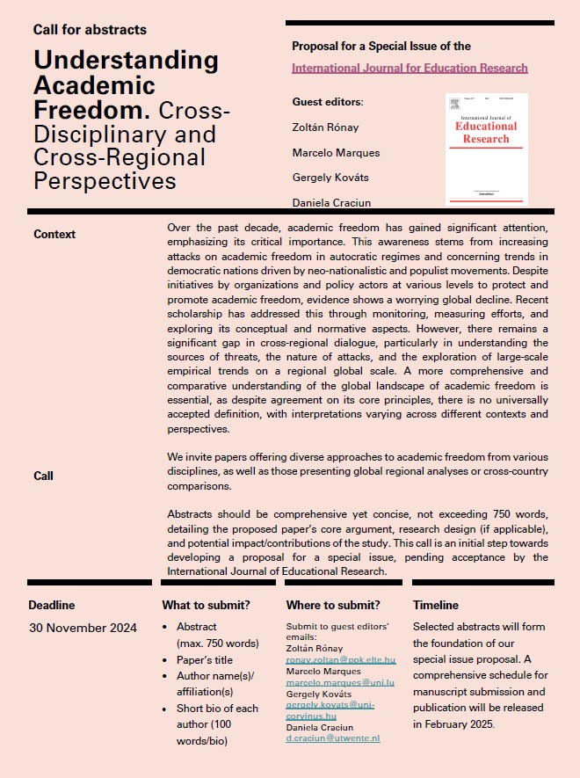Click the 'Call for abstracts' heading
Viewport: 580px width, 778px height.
pyautogui.click(x=90, y=30)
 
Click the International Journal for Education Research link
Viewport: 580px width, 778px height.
pyautogui.click(x=410, y=68)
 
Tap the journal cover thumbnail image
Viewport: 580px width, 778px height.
pyautogui.click(x=486, y=149)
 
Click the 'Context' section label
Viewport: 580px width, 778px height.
pyautogui.click(x=54, y=234)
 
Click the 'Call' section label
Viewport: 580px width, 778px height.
pyautogui.click(x=44, y=476)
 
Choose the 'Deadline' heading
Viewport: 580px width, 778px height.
pyautogui.click(x=52, y=605)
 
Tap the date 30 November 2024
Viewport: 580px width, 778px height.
pyautogui.click(x=83, y=628)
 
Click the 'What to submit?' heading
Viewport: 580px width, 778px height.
pyautogui.click(x=206, y=605)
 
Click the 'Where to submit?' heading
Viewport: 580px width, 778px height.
pyautogui.click(x=333, y=605)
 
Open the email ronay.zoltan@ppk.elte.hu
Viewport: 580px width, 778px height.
pyautogui.click(x=341, y=658)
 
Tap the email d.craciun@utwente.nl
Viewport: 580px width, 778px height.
pyautogui.click(x=333, y=738)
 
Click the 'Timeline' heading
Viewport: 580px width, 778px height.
pyautogui.click(x=436, y=605)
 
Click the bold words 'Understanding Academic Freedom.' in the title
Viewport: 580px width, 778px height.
pyautogui.click(x=125, y=85)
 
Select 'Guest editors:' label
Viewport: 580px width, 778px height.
pyautogui.click(x=327, y=102)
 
